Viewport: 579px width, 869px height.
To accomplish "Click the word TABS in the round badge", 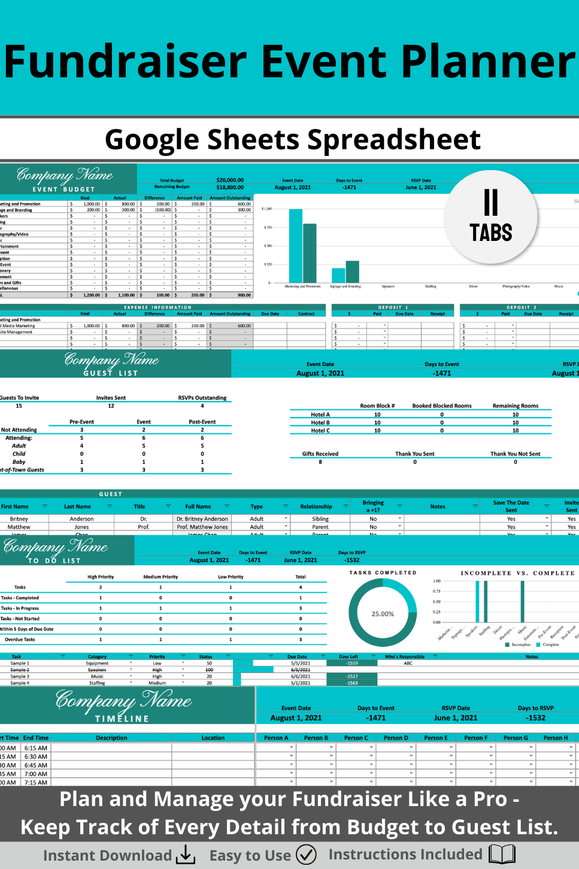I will (x=490, y=233).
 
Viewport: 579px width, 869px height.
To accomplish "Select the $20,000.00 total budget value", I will (x=230, y=180).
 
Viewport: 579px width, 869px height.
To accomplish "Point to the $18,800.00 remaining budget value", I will (x=230, y=188).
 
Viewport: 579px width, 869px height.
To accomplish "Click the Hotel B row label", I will (x=320, y=423).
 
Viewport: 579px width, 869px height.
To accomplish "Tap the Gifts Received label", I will (x=320, y=454).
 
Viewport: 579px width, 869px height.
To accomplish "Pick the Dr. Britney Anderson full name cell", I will (x=202, y=519).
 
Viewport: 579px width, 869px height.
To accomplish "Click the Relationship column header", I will (x=316, y=506).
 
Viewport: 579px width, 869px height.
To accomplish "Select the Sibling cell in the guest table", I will (x=320, y=519).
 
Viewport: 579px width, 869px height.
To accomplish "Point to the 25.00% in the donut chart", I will (x=383, y=614).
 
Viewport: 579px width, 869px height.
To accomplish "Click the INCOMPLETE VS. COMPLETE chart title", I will (x=517, y=573).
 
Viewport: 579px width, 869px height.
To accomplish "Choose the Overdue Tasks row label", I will (x=20, y=639).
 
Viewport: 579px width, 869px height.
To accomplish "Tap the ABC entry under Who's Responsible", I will (x=408, y=663).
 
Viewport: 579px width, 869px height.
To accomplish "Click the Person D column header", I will (x=395, y=738).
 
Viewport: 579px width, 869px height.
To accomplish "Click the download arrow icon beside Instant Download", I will (x=186, y=855).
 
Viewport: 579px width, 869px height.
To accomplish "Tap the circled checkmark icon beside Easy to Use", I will (x=306, y=855).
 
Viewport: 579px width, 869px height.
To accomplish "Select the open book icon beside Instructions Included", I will (x=502, y=855).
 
